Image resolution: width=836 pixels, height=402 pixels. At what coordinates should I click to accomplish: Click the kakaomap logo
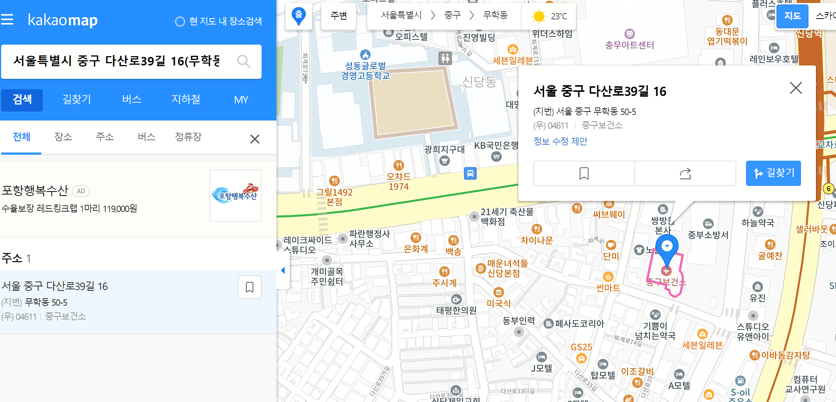[63, 20]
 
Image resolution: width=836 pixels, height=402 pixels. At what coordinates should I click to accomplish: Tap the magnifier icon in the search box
[244, 61]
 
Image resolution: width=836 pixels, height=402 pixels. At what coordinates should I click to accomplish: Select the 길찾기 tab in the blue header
[77, 100]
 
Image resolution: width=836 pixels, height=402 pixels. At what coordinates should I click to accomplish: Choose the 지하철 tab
[186, 100]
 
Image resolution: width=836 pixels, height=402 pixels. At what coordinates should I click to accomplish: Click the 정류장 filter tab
[188, 137]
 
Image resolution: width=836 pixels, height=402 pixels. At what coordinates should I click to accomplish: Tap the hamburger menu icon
[7, 20]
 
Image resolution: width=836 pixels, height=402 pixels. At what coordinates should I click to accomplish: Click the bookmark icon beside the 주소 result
[249, 287]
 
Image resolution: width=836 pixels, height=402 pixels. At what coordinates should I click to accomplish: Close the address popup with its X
[795, 88]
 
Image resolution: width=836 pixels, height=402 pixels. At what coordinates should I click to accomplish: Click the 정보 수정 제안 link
[560, 141]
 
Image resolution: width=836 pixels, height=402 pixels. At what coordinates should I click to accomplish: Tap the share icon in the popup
[685, 173]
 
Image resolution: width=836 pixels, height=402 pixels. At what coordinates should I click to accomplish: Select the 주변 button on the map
[339, 16]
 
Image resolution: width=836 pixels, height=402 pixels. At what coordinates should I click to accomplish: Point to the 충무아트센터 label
[630, 45]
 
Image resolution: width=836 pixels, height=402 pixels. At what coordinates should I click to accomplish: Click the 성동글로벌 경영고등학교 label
[365, 71]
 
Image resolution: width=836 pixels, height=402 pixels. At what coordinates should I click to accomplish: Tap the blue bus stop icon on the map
[470, 173]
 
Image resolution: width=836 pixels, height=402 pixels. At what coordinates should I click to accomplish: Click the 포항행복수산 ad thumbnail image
[236, 196]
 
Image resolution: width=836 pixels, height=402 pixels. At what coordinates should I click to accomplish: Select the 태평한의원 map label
[457, 310]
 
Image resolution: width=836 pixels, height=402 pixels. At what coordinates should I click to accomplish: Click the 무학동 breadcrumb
[495, 15]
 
